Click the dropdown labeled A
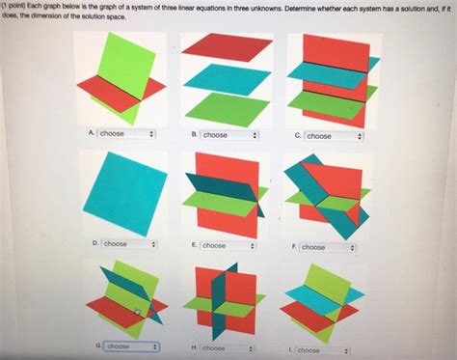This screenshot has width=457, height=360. pos(125,134)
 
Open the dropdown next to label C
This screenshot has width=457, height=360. pos(332,136)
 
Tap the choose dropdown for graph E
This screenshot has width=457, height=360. pos(228,246)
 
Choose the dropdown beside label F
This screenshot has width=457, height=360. pos(327,247)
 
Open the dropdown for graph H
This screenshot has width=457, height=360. pos(228,347)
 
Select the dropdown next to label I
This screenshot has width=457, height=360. pos(322,350)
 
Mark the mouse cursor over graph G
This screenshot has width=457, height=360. pos(139,312)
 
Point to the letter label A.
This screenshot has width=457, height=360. pos(90,134)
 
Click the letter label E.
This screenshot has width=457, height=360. pos(193,245)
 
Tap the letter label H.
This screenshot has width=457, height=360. pos(194,347)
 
